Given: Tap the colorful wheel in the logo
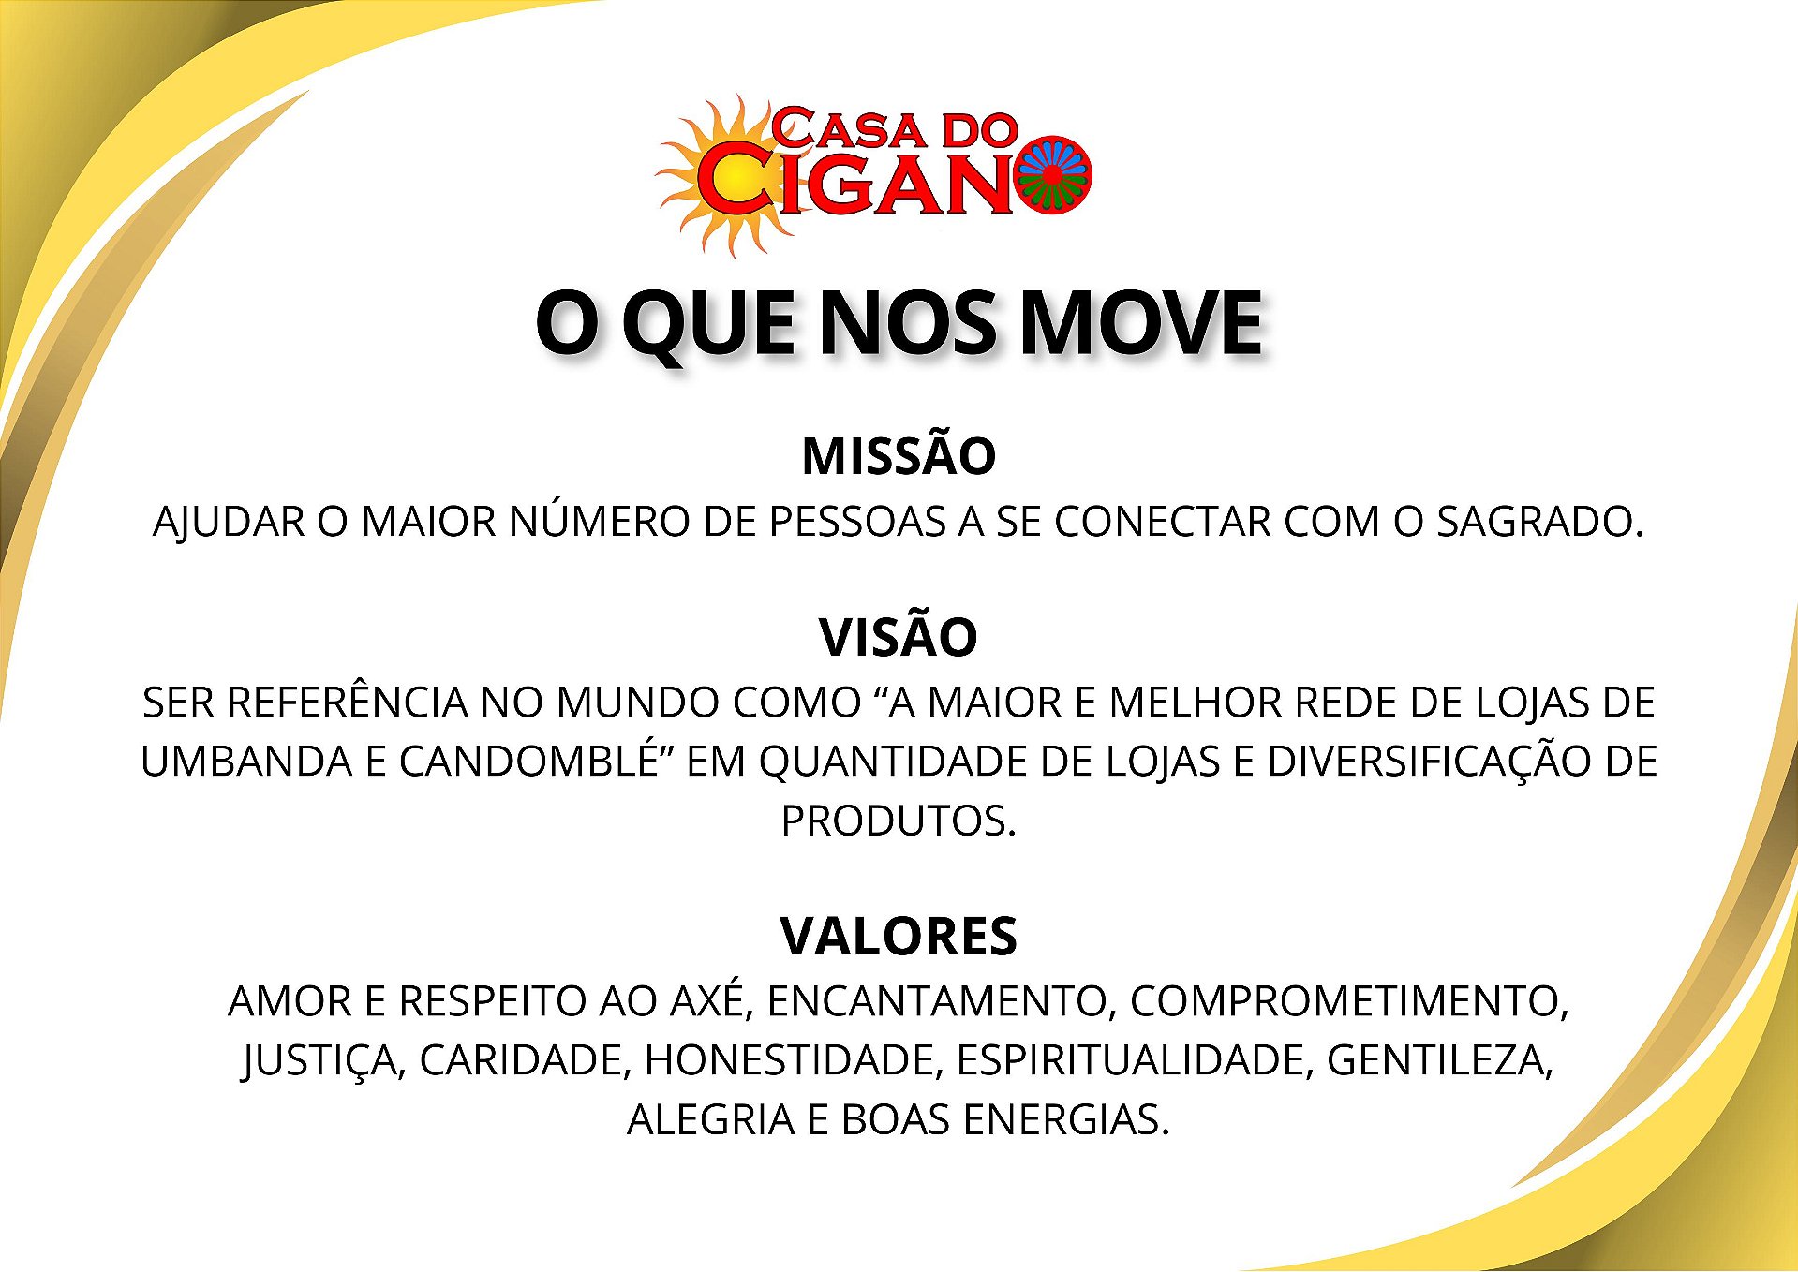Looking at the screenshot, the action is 1052,175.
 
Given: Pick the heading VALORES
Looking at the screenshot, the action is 899,936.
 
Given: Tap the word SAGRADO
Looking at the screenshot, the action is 1540,522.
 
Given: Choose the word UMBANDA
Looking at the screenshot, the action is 245,762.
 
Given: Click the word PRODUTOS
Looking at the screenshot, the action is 899,821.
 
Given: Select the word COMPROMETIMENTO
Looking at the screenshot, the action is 1349,1001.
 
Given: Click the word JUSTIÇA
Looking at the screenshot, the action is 323,1061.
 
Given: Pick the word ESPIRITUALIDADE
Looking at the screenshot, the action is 1136,1060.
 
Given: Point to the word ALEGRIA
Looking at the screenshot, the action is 710,1120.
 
